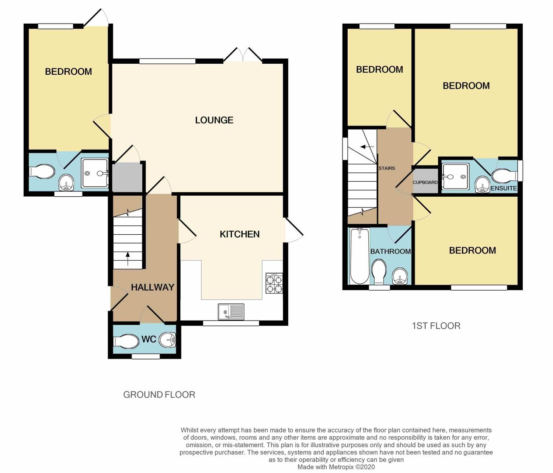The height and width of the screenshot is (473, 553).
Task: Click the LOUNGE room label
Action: (x=214, y=120)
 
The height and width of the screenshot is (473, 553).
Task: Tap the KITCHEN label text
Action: (x=240, y=234)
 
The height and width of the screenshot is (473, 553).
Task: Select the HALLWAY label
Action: (x=153, y=287)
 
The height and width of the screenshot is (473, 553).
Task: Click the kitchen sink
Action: (x=231, y=312)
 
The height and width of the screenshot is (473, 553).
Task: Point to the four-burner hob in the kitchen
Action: (x=274, y=283)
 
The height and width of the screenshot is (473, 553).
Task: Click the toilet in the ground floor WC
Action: (x=125, y=341)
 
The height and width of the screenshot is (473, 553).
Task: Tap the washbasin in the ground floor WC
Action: (x=168, y=340)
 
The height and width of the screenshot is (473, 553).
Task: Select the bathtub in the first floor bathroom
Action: (x=359, y=256)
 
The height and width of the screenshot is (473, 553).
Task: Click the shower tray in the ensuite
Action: (x=455, y=176)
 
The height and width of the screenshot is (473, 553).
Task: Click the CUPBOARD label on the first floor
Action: (x=425, y=182)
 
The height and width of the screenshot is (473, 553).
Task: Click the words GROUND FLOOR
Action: (x=159, y=395)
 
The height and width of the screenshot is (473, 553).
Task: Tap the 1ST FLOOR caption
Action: (x=436, y=326)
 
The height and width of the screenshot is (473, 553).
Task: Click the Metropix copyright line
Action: (x=336, y=467)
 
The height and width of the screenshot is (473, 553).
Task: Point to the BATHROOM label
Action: (x=390, y=252)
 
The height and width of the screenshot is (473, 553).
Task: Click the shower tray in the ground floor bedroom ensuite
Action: (x=95, y=173)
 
